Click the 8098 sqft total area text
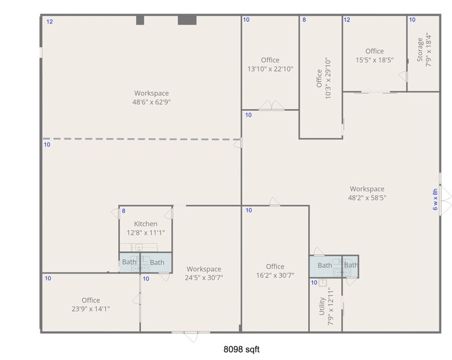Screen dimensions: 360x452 point(241,350)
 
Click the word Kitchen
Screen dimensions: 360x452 point(146,224)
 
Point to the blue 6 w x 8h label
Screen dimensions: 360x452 point(435,200)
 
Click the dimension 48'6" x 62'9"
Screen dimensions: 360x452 point(152,102)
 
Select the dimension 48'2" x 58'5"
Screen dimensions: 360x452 point(367,198)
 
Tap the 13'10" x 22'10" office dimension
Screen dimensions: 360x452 point(270,69)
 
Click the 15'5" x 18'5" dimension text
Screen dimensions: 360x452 point(374,61)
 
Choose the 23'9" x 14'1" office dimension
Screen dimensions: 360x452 point(91,309)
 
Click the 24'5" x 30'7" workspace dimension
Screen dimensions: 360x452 point(204,278)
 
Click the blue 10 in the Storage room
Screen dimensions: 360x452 point(412,20)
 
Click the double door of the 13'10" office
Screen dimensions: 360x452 point(271,106)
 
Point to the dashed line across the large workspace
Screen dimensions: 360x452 point(141,139)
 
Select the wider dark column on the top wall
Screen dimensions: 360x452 point(187,20)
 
